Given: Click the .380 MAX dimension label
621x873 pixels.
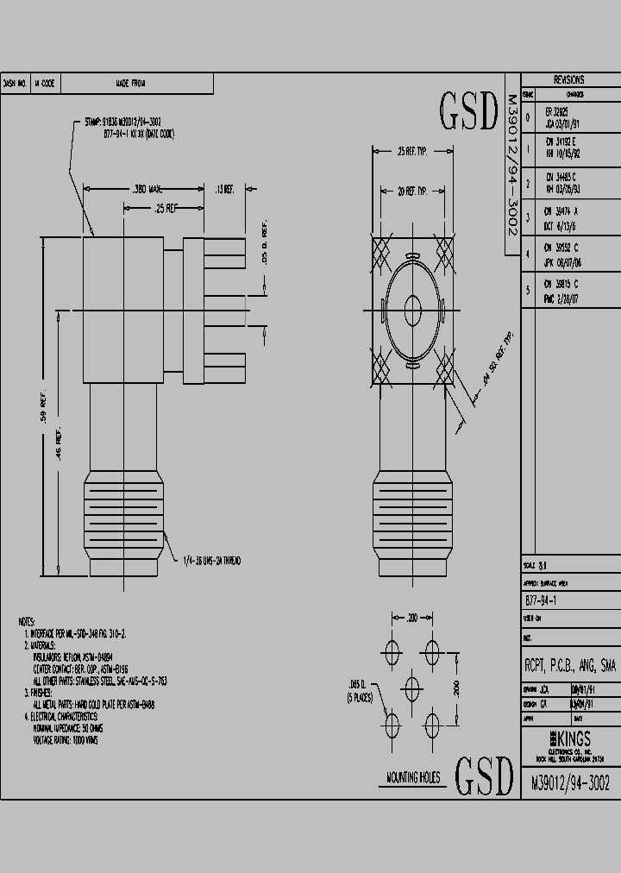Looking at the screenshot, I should point(147,188).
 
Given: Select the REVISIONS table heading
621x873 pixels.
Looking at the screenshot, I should point(568,79).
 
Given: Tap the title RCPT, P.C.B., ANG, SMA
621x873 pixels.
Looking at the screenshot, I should point(570,665).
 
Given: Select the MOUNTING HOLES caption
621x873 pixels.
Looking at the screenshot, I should point(412,778).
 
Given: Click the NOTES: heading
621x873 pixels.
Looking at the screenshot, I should point(26,621).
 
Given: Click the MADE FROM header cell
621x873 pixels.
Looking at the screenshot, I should point(131,84).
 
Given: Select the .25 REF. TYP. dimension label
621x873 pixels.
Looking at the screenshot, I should point(412,152).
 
